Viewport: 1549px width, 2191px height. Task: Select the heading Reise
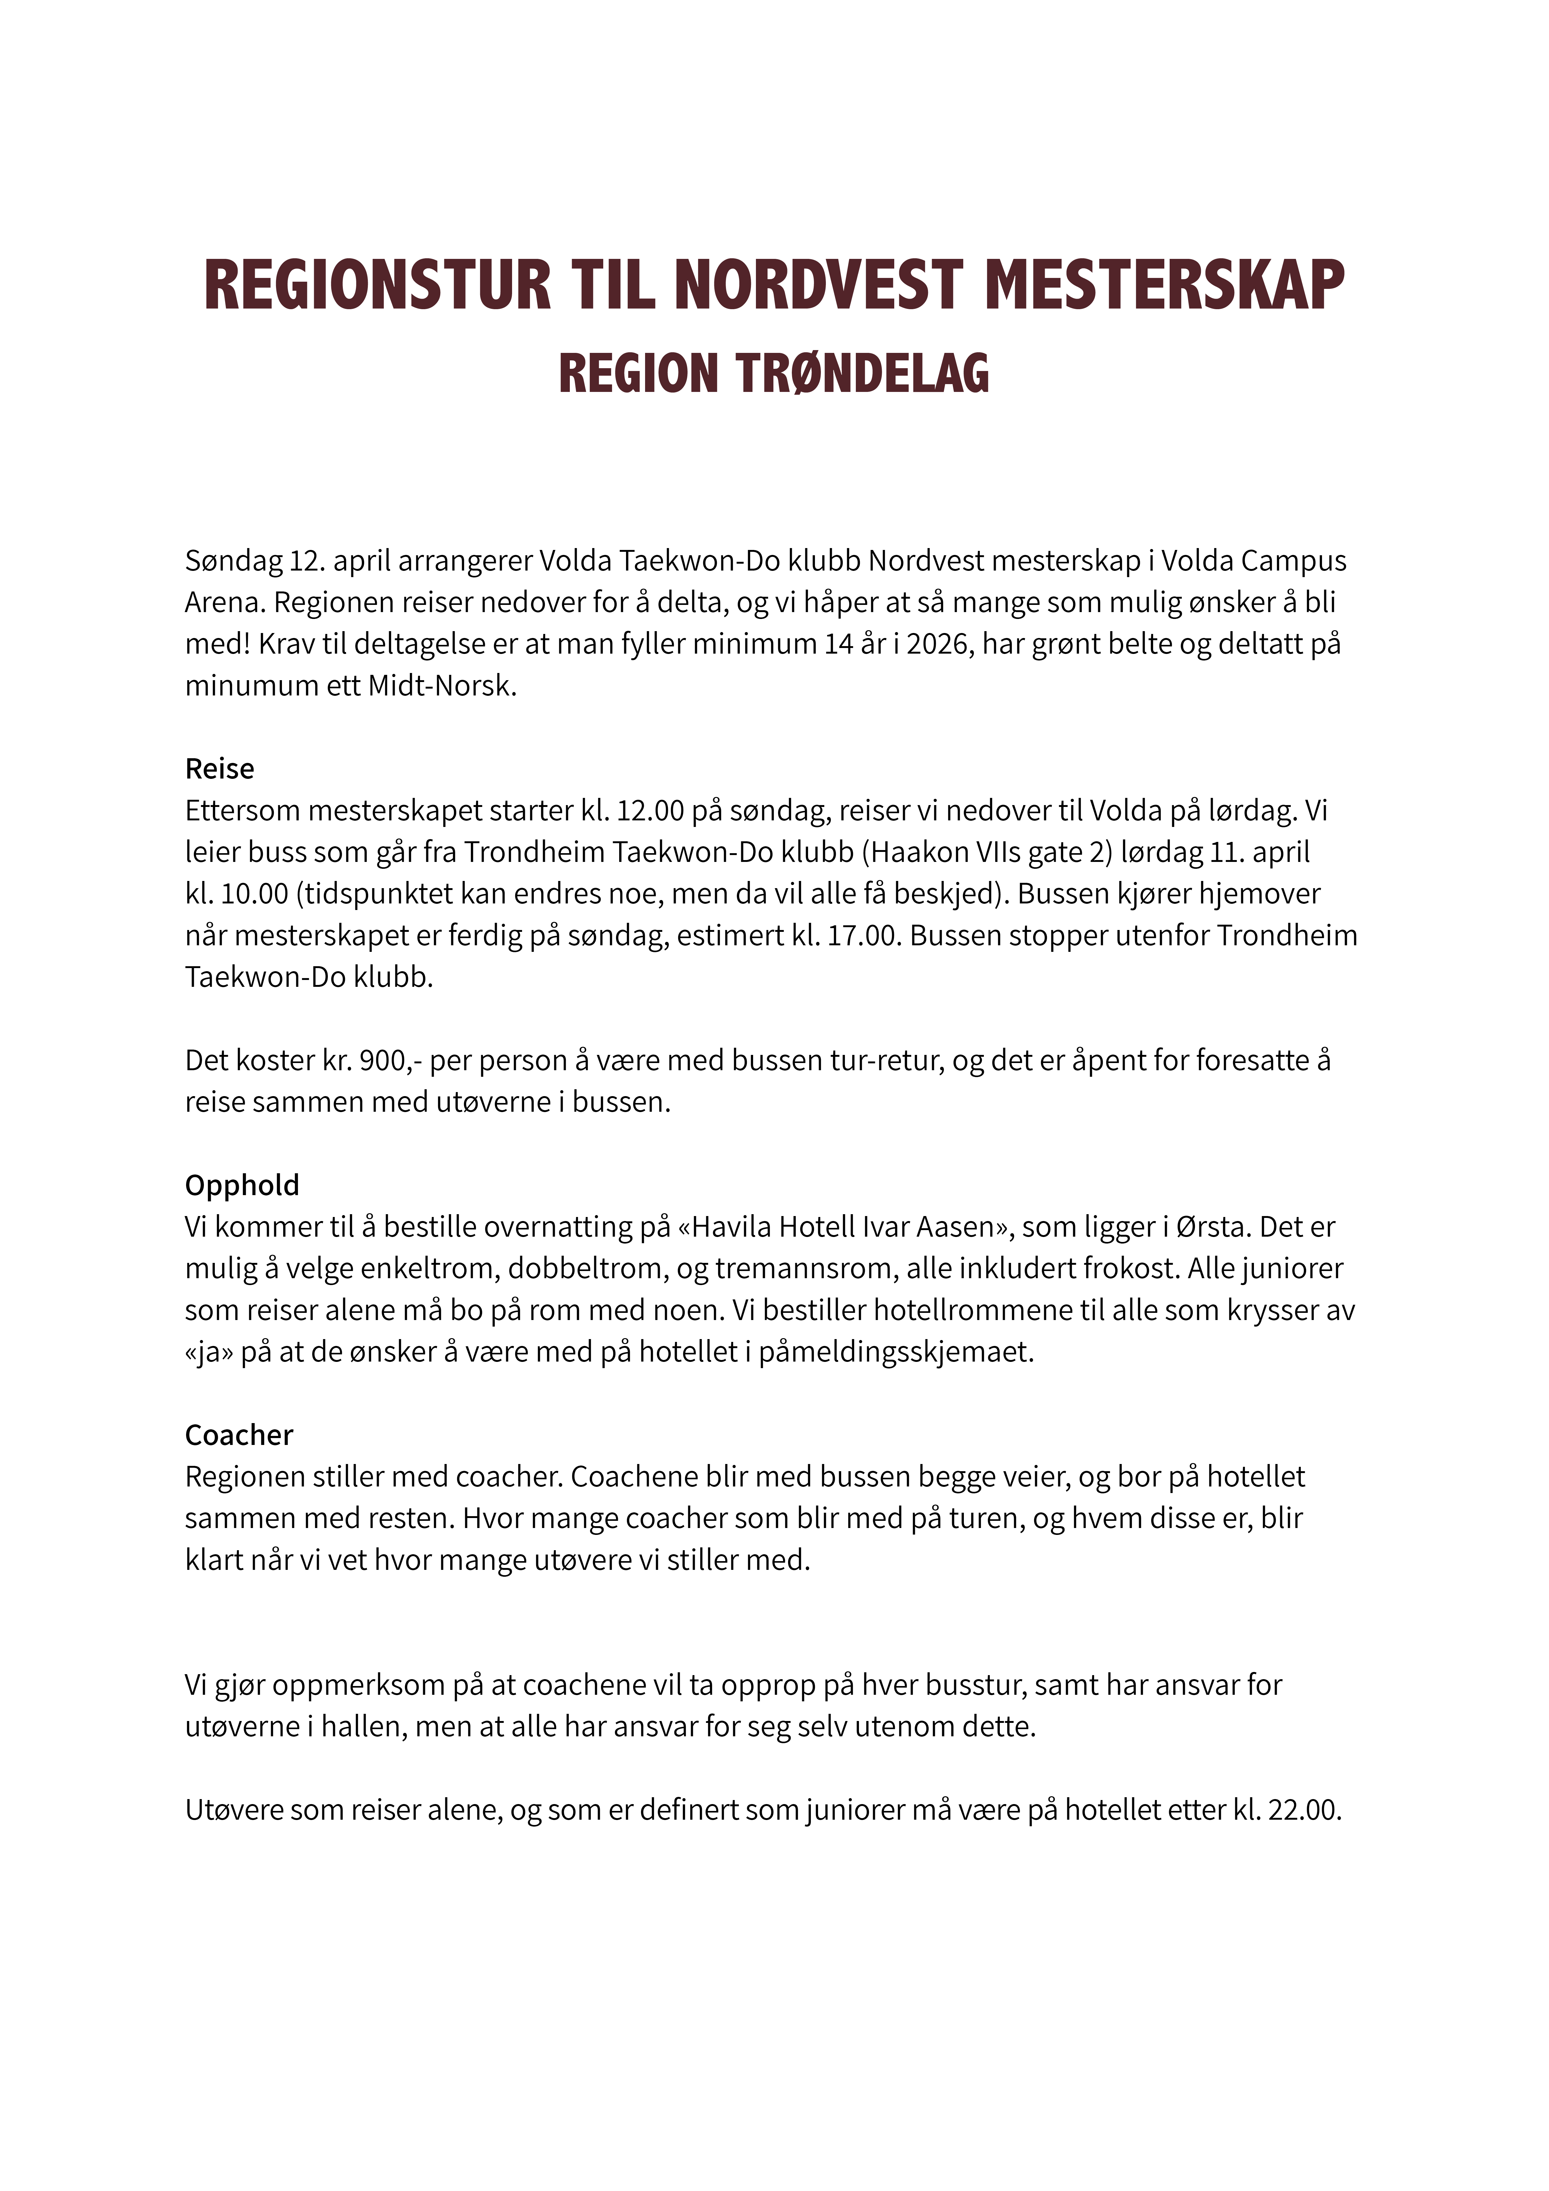click(220, 769)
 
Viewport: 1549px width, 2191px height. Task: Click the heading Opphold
click(241, 1185)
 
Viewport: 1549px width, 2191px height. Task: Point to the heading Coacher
click(239, 1435)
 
